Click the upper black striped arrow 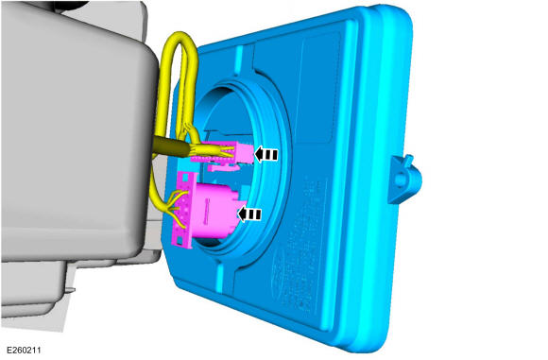point(265,154)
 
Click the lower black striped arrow point(249,214)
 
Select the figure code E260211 point(24,351)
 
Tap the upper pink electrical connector point(224,152)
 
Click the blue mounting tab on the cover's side point(404,179)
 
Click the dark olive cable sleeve point(172,146)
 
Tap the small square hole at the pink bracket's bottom point(180,240)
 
